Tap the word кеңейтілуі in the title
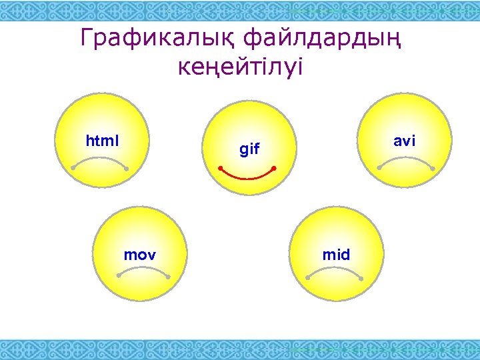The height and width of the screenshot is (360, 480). click(x=240, y=67)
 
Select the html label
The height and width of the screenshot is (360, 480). click(x=102, y=141)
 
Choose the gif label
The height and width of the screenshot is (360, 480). click(x=249, y=149)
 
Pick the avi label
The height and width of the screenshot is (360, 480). click(x=404, y=141)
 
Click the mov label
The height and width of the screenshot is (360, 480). click(x=140, y=255)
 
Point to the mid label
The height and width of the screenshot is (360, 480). click(x=336, y=255)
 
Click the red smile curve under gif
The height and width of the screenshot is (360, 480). click(x=247, y=178)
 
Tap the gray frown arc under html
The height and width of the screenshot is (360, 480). click(x=99, y=158)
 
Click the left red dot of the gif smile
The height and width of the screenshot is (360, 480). click(x=221, y=169)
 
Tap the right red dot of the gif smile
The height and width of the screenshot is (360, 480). click(x=274, y=169)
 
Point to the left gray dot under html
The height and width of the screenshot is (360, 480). click(x=73, y=169)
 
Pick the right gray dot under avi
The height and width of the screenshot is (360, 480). click(x=433, y=167)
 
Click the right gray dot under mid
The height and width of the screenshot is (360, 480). click(x=361, y=278)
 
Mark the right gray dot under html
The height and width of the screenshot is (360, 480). click(x=126, y=169)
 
